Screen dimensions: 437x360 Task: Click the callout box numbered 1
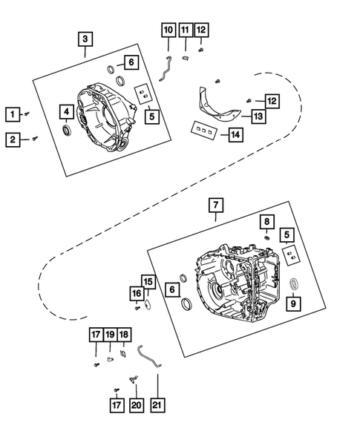point(12,114)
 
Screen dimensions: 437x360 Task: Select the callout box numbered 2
point(12,139)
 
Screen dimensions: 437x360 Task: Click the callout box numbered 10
point(168,30)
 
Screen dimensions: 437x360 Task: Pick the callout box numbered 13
point(258,116)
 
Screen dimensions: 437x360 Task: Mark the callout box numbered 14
point(235,135)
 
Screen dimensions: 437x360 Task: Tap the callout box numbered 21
point(157,406)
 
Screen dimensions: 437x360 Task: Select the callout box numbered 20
point(135,406)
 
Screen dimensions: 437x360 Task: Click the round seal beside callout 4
point(67,131)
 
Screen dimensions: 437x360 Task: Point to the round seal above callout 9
point(292,283)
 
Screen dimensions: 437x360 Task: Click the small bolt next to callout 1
point(27,114)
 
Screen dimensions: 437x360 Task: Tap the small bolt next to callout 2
point(36,138)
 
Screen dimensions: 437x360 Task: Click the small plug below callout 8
point(266,238)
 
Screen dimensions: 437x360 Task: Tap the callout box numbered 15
point(148,282)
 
